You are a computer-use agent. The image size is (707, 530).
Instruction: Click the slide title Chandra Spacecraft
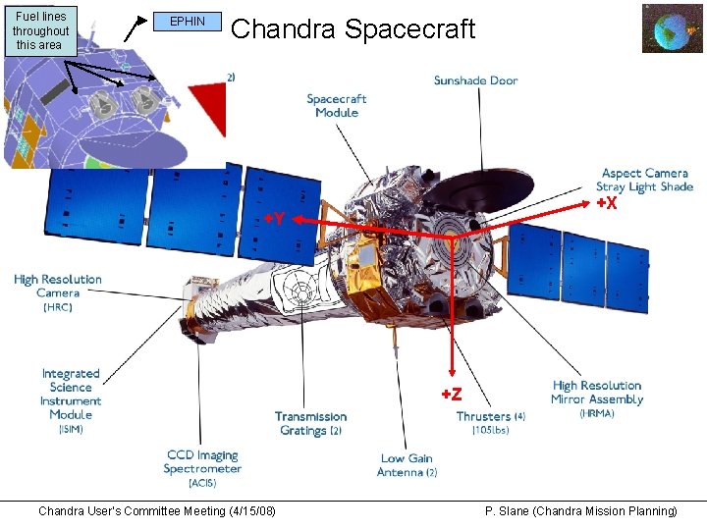[353, 29]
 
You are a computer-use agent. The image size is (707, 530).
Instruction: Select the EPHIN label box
[188, 22]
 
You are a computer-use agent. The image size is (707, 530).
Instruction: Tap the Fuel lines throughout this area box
[39, 30]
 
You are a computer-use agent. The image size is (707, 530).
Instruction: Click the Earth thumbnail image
[672, 27]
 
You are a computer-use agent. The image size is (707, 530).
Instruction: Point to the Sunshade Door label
[475, 80]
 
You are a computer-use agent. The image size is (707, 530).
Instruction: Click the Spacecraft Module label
[336, 105]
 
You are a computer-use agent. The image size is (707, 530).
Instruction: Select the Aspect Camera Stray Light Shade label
[644, 181]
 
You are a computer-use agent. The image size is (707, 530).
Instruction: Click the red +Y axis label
[274, 219]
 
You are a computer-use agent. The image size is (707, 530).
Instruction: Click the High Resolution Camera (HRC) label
[57, 292]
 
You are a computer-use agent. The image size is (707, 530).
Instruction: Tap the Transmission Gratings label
[310, 423]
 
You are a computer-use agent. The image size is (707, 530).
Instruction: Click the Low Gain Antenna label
[407, 465]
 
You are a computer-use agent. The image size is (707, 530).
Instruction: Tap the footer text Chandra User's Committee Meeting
[156, 511]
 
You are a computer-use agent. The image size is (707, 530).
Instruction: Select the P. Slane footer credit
[581, 511]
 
